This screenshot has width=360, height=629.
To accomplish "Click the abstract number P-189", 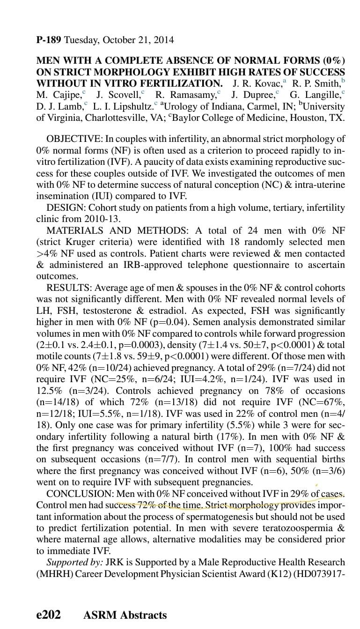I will [49, 40].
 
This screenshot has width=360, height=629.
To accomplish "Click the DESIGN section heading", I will [65, 207].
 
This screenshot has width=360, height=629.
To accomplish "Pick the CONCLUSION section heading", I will [80, 494].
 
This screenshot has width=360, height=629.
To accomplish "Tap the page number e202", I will [48, 614].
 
